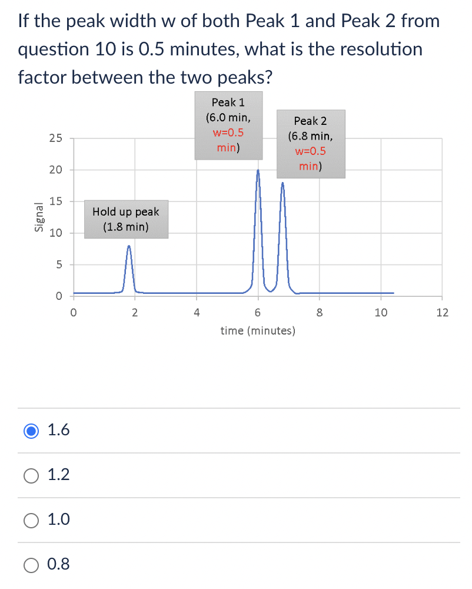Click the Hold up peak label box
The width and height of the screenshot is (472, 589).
[x=126, y=219]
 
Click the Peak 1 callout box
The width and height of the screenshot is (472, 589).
[x=228, y=125]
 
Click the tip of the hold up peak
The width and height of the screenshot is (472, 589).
[x=129, y=246]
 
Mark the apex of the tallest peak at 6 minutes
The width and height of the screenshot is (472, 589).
[x=258, y=170]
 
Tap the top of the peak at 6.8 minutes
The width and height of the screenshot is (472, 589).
[x=282, y=183]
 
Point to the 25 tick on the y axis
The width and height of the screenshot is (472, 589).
[x=55, y=139]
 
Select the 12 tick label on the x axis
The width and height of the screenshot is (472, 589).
[x=442, y=313]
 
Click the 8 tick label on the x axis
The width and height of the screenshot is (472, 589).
[x=319, y=313]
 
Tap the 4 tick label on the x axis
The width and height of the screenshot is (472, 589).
[x=196, y=313]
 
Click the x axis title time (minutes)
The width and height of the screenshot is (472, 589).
[x=258, y=331]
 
